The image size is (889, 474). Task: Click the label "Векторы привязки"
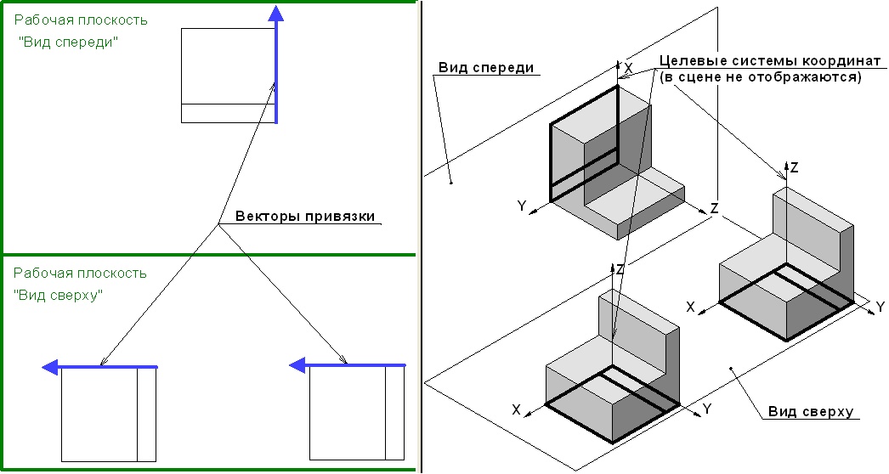[298, 215]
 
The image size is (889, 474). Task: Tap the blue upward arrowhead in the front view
[275, 12]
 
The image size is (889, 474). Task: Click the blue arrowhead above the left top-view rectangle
[50, 367]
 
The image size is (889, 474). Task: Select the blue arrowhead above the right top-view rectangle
[297, 365]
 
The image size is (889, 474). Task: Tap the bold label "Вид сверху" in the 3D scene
[810, 411]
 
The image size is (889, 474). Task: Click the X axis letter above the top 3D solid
[628, 66]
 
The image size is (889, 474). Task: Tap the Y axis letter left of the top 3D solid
[521, 206]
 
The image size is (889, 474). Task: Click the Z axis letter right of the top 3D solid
[715, 208]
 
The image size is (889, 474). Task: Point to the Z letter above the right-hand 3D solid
[794, 168]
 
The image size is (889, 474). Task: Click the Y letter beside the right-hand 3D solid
[881, 307]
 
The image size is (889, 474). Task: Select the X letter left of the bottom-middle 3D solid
[516, 409]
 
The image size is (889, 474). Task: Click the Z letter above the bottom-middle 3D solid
[620, 269]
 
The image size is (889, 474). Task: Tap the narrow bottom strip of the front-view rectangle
[228, 113]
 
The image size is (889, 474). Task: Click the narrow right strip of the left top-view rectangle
[147, 415]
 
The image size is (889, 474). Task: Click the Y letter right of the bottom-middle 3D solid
[706, 409]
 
